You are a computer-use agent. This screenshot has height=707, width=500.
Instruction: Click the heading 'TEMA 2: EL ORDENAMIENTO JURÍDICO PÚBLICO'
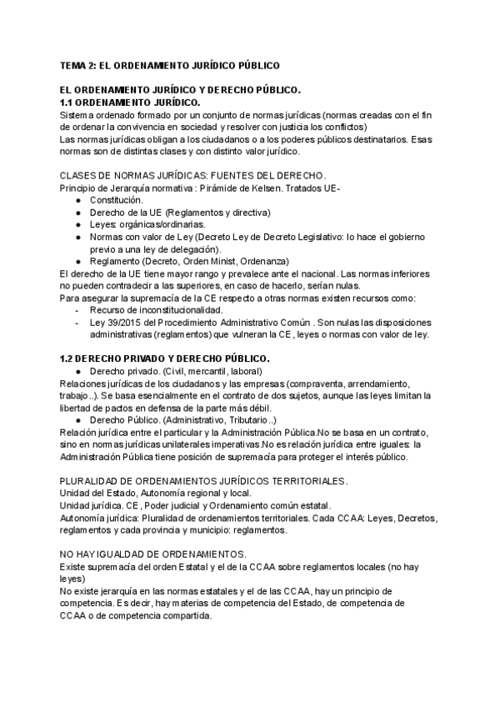171,64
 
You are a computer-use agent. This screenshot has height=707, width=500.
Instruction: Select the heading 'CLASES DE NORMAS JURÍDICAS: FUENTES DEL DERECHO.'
193,176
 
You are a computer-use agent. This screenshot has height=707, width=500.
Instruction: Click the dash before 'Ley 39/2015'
77,322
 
